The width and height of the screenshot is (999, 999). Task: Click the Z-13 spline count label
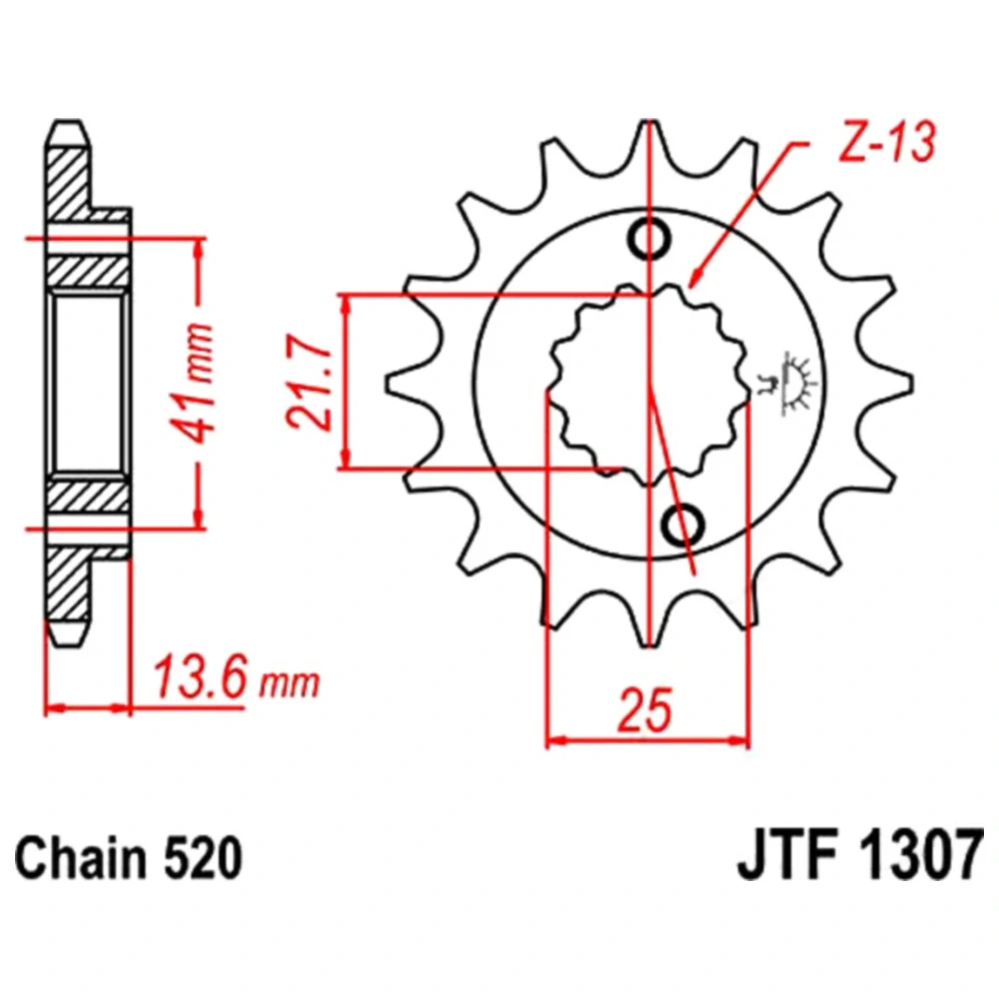pyautogui.click(x=888, y=142)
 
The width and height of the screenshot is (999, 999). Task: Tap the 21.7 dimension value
pyautogui.click(x=311, y=382)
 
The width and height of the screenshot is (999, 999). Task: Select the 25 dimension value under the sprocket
pyautogui.click(x=644, y=709)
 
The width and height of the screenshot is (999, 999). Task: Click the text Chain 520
pyautogui.click(x=129, y=858)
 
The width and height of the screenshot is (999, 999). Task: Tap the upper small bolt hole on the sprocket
pyautogui.click(x=649, y=240)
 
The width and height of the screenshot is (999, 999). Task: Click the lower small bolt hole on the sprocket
pyautogui.click(x=683, y=523)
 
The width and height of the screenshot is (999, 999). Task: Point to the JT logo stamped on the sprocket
pyautogui.click(x=785, y=384)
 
